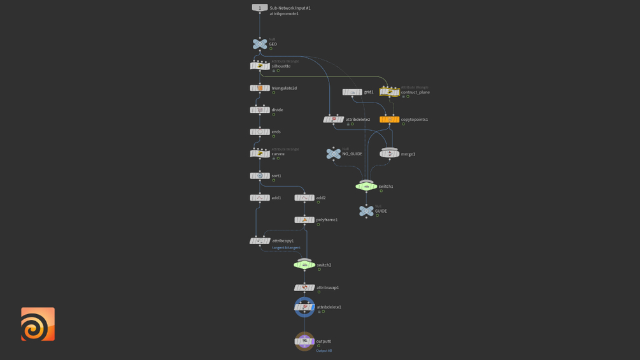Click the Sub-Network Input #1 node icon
(260, 8)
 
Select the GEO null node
(260, 44)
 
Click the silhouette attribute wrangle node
(260, 66)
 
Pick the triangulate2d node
(260, 88)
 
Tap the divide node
(260, 110)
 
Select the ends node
(260, 132)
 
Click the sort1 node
(260, 176)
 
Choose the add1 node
(260, 198)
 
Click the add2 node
(304, 198)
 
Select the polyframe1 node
(304, 220)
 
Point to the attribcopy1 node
(260, 241)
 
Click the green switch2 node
(304, 264)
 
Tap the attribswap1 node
(304, 287)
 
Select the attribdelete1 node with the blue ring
(304, 307)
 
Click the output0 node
(304, 341)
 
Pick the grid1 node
(352, 92)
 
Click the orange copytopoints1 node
(389, 119)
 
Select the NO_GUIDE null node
(333, 154)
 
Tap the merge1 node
(389, 154)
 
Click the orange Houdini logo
(38, 324)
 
